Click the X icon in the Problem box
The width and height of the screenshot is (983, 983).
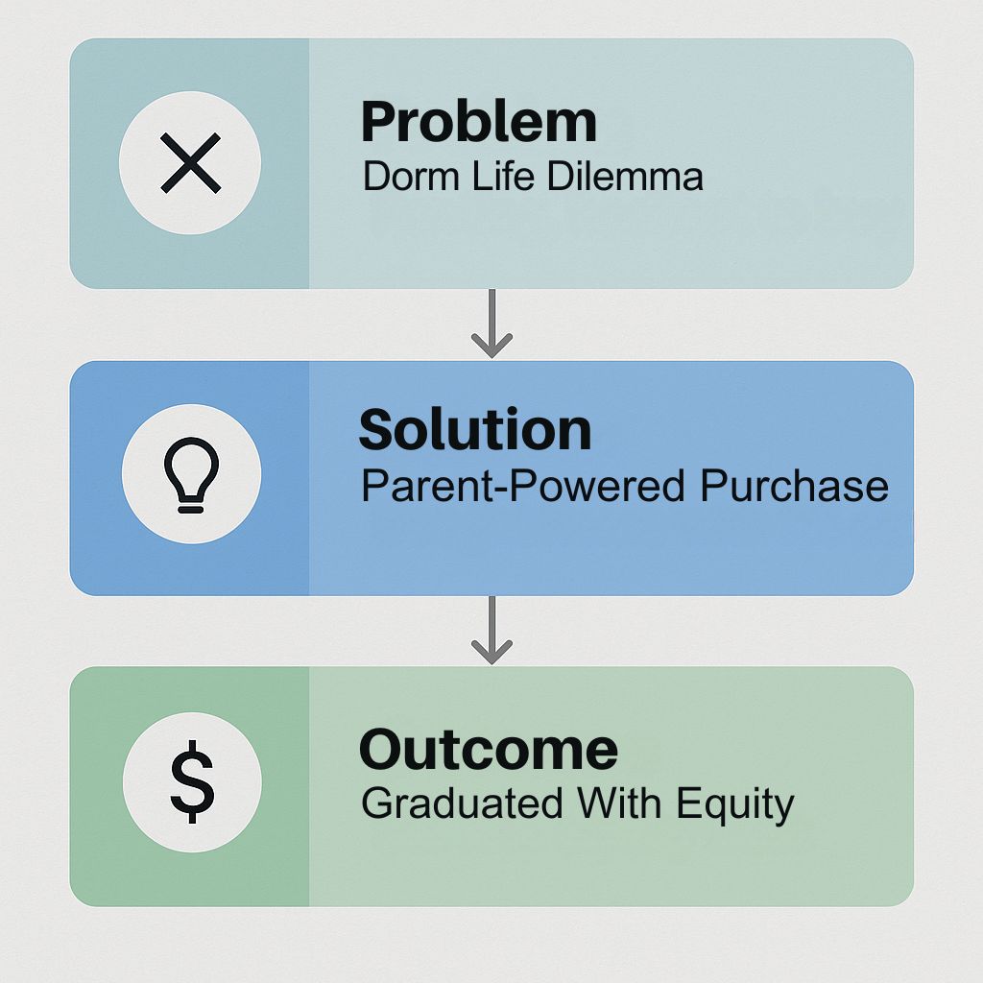coord(191,162)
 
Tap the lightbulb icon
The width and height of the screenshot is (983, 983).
coord(191,474)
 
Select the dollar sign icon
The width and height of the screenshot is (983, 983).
coord(192,781)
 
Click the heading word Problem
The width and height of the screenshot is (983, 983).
coord(479,124)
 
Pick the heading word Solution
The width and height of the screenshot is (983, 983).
coord(475,429)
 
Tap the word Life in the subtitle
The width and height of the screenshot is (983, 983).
coord(503,176)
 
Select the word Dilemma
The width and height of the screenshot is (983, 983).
coord(625,177)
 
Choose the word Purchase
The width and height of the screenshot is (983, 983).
coord(794,486)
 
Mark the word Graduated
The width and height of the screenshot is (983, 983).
coord(462,803)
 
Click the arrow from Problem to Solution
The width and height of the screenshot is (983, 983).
coord(492,324)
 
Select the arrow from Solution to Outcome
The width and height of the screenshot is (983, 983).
coord(492,630)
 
